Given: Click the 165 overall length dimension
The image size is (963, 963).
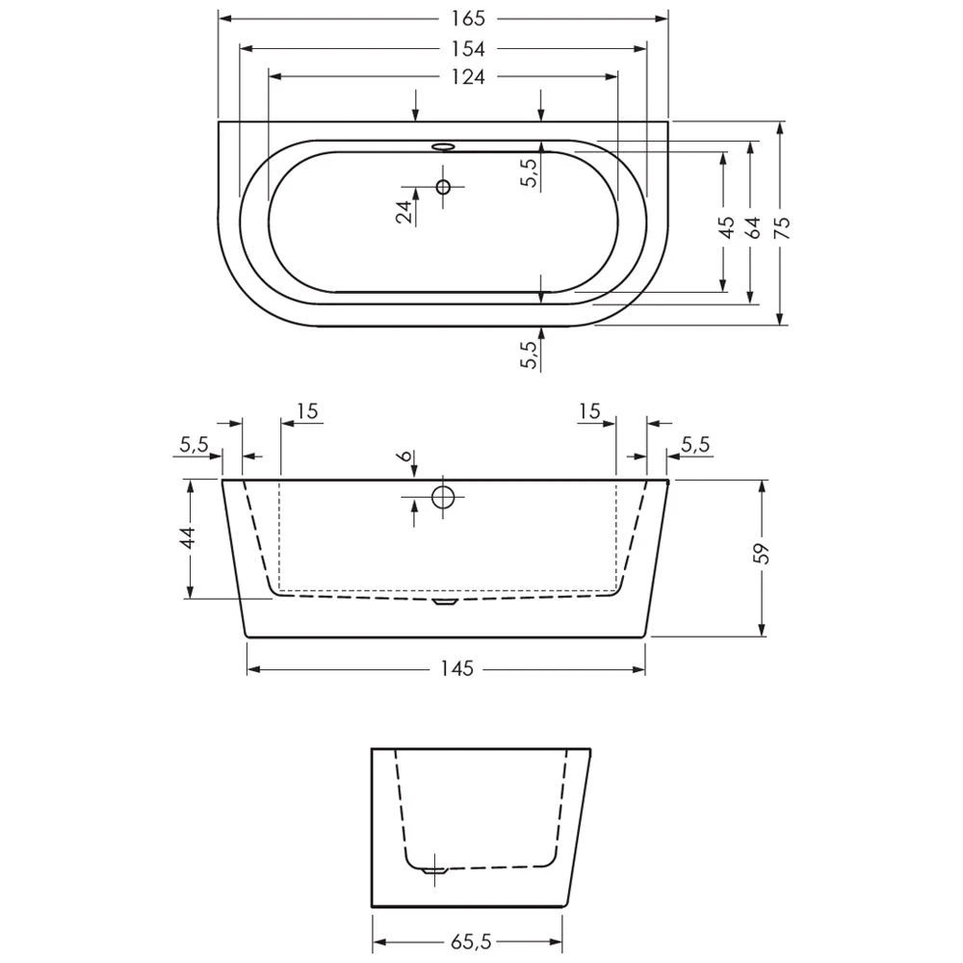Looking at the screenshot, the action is coord(468,18).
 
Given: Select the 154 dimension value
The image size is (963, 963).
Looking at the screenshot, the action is coord(468,48).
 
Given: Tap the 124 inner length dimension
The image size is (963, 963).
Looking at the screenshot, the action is coord(468,77).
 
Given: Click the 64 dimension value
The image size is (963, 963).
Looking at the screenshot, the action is coord(752,226).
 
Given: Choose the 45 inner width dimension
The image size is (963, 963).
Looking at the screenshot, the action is coord(726,226).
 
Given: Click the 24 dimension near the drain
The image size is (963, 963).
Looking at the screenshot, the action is coord(403,212).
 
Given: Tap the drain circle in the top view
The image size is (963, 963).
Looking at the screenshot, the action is coord(443,186).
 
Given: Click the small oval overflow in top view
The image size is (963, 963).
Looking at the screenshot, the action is coord(443,146).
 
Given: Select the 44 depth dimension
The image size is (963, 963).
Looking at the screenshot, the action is coord(189,537).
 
